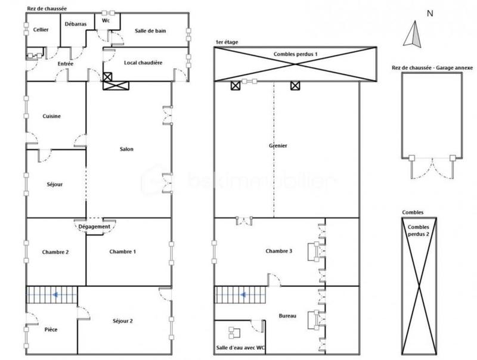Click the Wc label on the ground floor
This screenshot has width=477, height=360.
pos(106,21)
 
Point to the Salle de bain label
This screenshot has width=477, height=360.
pos(150,31)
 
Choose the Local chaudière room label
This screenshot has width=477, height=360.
pos(143,62)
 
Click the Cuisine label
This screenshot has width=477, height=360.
pos(52,116)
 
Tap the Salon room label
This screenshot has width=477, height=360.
pos(126,149)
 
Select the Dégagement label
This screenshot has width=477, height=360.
pos(94,226)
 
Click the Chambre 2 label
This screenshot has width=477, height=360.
pos(55,252)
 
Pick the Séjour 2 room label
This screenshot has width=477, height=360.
pos(122,321)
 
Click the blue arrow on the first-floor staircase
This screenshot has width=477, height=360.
pos(243,294)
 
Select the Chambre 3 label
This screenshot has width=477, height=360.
pos(278,251)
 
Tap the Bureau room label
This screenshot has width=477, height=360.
pos(287,316)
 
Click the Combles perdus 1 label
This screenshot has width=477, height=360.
pos(295,54)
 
